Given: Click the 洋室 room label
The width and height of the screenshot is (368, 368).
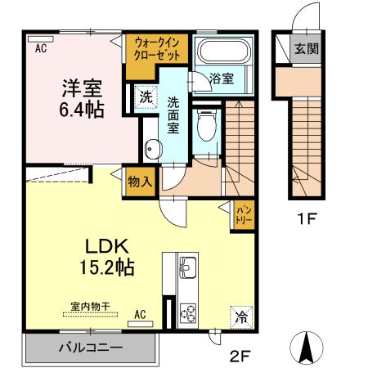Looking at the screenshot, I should [79, 88].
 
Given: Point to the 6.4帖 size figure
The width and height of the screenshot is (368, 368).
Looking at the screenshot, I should [80, 109].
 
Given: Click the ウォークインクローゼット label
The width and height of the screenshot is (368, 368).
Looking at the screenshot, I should [158, 48].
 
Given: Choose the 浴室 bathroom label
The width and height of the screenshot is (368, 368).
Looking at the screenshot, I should [222, 79].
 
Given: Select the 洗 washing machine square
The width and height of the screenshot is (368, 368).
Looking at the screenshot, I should [144, 95].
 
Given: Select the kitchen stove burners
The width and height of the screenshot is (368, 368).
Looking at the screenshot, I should [187, 312].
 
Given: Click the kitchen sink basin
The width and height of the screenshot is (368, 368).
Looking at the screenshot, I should [187, 267].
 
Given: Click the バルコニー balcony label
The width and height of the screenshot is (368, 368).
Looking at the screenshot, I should [90, 348].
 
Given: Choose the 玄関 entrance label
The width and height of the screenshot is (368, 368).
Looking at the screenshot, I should [307, 49].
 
